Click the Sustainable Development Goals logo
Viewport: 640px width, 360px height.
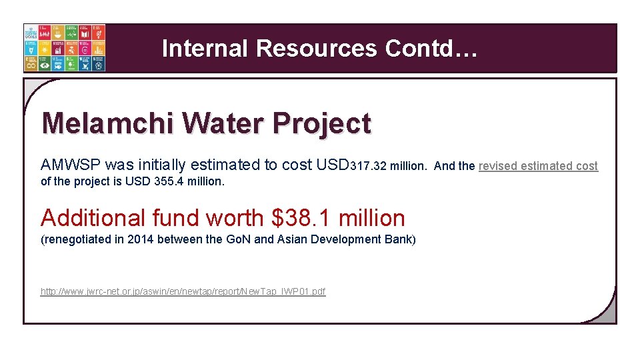point(64,48)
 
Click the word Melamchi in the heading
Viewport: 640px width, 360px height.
point(107,123)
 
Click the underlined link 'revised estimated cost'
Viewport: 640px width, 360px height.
point(538,166)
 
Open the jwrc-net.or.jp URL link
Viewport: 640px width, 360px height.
point(183,291)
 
